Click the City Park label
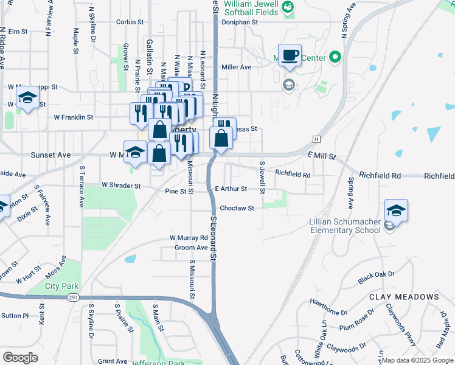61,286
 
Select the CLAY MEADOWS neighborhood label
404,297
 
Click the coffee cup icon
290,55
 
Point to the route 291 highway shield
73,297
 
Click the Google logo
21,358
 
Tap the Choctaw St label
237,208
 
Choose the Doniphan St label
240,22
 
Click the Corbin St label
130,22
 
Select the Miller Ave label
237,68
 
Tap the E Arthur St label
231,189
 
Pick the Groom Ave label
191,248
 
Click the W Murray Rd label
189,237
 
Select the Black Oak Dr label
377,277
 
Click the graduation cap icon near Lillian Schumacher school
397,210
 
